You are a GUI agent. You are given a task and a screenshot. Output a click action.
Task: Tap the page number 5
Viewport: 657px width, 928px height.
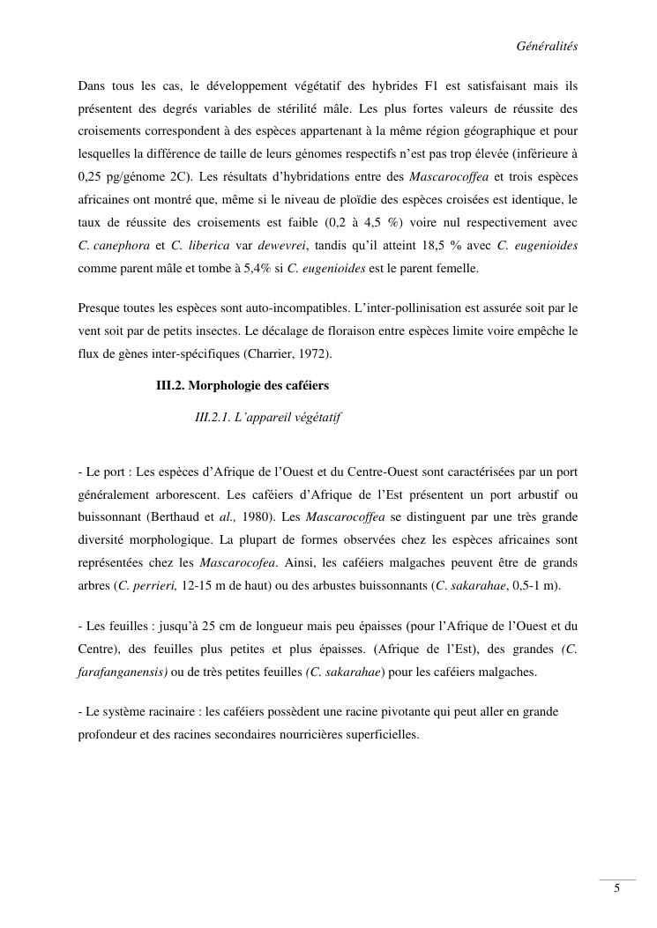(616, 887)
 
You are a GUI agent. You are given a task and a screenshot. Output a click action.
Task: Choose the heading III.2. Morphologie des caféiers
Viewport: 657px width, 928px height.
(243, 385)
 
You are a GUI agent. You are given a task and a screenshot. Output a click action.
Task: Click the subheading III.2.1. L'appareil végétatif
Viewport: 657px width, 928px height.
(268, 417)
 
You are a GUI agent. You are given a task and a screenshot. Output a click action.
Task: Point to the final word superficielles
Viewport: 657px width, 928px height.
(381, 734)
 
